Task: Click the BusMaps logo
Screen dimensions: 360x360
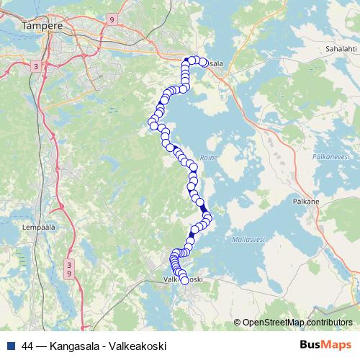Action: (x=325, y=345)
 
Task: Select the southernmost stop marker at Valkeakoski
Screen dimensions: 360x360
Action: (x=184, y=281)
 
